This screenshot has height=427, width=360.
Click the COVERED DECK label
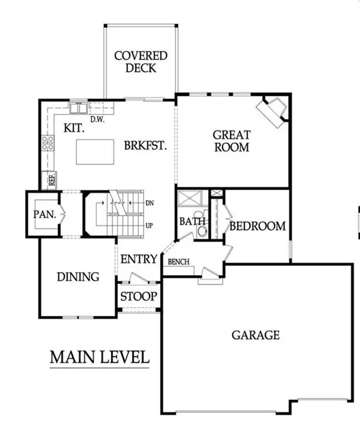point(140,62)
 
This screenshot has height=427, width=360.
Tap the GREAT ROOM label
point(231,141)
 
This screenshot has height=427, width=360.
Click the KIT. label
point(73,127)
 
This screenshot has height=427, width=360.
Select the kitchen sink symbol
point(78,107)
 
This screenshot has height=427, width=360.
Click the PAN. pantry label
point(42,213)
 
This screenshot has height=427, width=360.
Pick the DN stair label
point(149,203)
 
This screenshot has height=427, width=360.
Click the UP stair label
point(149,226)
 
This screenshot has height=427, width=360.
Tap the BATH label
point(193,221)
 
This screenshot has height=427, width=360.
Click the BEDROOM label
point(258,226)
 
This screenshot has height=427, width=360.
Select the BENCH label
point(178,262)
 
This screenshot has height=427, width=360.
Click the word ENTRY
point(139,259)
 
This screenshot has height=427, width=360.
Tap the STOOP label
point(139,296)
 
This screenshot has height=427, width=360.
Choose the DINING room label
point(78,276)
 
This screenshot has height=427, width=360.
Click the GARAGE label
point(255,335)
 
